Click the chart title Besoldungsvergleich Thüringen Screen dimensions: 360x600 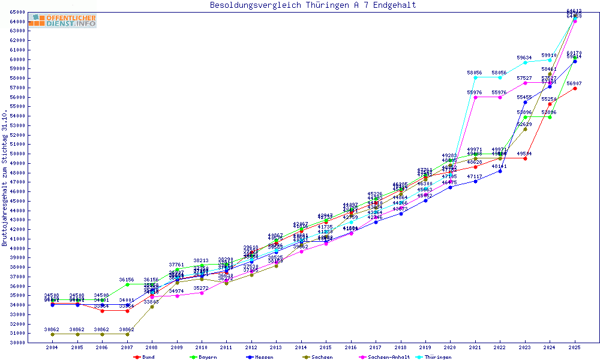click(313, 5)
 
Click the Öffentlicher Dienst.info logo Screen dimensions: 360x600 click(61, 21)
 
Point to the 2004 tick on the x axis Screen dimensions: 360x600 click(52, 347)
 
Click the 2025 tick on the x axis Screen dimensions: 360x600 click(575, 347)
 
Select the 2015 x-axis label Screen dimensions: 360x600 click(326, 347)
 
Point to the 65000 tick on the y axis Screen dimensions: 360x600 click(17, 13)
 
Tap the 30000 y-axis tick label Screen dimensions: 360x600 click(17, 343)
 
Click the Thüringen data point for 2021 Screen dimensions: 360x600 click(475, 77)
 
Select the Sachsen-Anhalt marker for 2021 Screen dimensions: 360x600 click(475, 97)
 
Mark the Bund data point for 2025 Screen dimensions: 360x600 click(575, 88)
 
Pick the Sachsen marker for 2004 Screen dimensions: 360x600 click(52, 334)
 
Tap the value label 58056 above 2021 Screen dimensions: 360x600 click(475, 73)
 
